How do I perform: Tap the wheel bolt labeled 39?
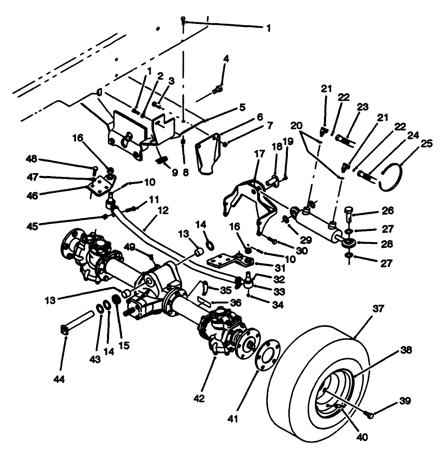369,415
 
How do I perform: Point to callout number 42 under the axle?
199,398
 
